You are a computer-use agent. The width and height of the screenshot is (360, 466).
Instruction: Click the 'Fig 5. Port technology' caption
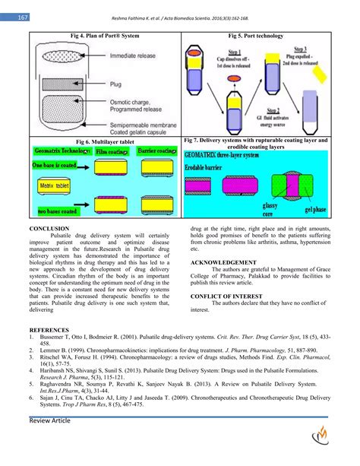256,36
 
